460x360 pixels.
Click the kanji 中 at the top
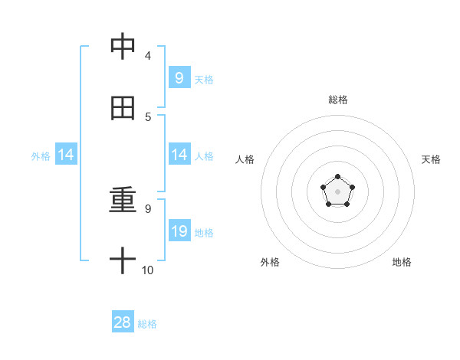pyautogui.click(x=123, y=47)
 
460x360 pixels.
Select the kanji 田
pyautogui.click(x=123, y=108)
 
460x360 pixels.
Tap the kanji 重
pyautogui.click(x=123, y=201)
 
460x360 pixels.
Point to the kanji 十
pyautogui.click(x=123, y=261)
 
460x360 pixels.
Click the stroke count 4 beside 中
pyautogui.click(x=147, y=55)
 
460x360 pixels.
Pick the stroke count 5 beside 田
pyautogui.click(x=147, y=116)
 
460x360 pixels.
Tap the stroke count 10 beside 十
pyautogui.click(x=148, y=270)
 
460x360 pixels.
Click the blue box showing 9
pyautogui.click(x=179, y=77)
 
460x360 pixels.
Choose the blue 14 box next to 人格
pyautogui.click(x=179, y=155)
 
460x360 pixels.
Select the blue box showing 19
pyautogui.click(x=179, y=231)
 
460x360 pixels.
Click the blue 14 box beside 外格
pyautogui.click(x=66, y=155)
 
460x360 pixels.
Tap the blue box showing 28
pyautogui.click(x=123, y=322)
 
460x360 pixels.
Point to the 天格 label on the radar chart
pyautogui.click(x=431, y=159)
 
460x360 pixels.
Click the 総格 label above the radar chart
pyautogui.click(x=337, y=100)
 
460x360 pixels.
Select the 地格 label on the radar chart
pyautogui.click(x=402, y=262)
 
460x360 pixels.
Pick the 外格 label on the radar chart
pyautogui.click(x=270, y=262)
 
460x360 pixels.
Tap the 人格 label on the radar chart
pyautogui.click(x=245, y=159)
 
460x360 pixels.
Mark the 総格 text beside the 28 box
pyautogui.click(x=147, y=324)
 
